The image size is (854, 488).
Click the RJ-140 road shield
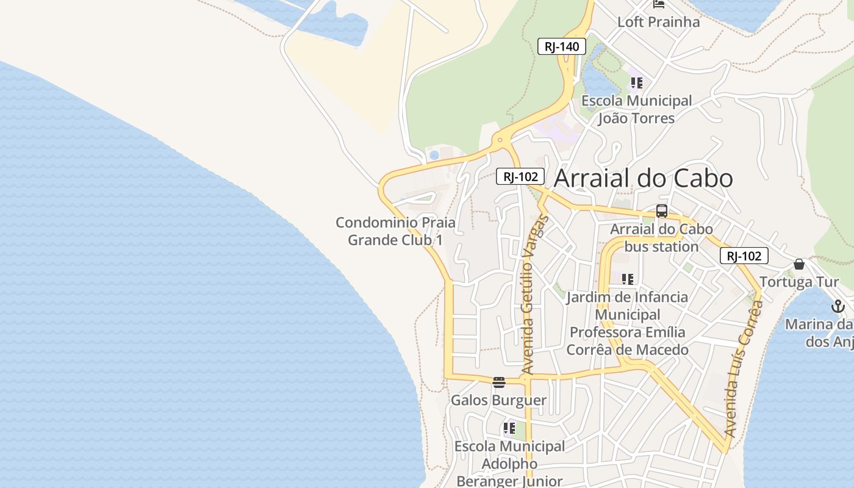click(561, 46)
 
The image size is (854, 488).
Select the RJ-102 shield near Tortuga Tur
click(744, 256)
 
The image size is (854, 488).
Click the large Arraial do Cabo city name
click(644, 178)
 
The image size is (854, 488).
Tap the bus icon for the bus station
click(662, 212)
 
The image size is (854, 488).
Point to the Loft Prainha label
click(658, 22)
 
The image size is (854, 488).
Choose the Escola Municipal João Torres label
click(636, 109)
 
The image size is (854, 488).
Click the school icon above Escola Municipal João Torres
click(636, 83)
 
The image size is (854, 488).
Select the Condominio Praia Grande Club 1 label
click(395, 231)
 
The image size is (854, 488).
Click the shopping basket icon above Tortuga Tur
click(799, 264)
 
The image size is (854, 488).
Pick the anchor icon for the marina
click(838, 306)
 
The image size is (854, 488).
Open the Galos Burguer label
click(498, 400)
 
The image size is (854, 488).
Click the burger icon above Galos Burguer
click(499, 382)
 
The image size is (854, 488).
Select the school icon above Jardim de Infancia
click(627, 279)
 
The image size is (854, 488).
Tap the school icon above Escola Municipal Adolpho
click(509, 428)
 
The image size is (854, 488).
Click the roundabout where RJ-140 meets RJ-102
click(500, 140)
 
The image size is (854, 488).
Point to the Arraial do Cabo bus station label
click(661, 238)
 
